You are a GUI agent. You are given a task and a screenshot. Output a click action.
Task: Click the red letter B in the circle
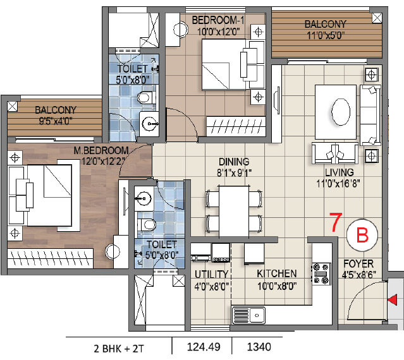click(362, 236)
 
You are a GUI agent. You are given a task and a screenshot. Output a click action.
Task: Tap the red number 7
click(336, 222)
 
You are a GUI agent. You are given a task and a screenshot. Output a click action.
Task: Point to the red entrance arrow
click(393, 300)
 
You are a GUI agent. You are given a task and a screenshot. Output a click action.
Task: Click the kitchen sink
click(248, 315)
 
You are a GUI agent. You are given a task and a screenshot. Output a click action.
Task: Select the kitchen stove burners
click(321, 274)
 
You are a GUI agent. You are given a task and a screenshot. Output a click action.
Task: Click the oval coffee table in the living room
click(341, 112)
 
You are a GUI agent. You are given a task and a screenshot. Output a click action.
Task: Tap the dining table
click(234, 212)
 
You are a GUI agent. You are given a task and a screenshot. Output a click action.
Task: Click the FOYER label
click(358, 264)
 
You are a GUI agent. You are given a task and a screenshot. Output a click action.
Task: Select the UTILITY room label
click(211, 274)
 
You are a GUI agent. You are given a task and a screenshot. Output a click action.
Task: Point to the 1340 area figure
click(259, 347)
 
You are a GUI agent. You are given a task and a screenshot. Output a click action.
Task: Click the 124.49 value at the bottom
click(204, 347)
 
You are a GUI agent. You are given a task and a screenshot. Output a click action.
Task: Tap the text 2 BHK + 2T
click(118, 349)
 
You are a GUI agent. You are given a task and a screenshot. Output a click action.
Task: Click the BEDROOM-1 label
click(218, 20)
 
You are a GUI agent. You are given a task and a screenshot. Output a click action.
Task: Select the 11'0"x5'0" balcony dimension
click(326, 35)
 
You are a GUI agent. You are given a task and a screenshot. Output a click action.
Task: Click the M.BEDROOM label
click(101, 150)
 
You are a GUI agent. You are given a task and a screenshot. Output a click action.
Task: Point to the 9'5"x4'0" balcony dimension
click(56, 121)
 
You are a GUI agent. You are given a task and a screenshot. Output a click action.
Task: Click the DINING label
click(234, 162)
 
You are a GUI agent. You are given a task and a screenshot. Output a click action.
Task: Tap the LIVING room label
click(340, 172)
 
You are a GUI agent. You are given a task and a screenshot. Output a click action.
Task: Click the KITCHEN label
click(277, 273)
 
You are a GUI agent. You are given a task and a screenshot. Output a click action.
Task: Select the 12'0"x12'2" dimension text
click(104, 161)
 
